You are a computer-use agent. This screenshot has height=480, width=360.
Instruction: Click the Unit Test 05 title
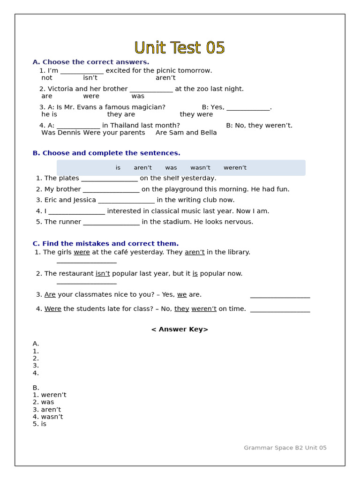click(180, 48)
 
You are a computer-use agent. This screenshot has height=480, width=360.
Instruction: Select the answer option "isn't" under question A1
click(90, 78)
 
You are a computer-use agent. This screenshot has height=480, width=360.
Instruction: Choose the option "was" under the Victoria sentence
click(138, 96)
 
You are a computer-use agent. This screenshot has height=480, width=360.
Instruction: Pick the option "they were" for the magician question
click(196, 114)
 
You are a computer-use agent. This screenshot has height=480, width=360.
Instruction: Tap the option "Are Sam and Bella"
click(186, 133)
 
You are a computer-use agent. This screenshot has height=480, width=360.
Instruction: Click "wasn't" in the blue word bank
click(200, 168)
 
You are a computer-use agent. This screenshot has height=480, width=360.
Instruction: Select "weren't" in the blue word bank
click(235, 168)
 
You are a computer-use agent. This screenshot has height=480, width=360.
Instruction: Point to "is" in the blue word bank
click(118, 168)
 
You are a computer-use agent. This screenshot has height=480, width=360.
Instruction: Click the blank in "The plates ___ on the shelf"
click(109, 179)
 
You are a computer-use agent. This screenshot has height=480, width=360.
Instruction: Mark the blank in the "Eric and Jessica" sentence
click(126, 201)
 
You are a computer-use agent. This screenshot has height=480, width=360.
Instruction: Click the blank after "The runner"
click(111, 223)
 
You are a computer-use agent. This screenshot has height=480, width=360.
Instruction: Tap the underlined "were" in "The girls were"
click(82, 252)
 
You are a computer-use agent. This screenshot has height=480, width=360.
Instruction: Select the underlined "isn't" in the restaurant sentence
click(103, 274)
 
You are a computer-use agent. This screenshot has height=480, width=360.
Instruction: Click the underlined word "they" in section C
click(182, 309)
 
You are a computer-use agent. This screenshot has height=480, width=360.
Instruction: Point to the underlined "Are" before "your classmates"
click(50, 295)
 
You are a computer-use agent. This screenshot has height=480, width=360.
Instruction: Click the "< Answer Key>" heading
click(180, 330)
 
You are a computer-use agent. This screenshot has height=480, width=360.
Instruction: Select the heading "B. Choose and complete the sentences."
click(106, 153)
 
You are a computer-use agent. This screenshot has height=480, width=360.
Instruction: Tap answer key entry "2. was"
click(43, 402)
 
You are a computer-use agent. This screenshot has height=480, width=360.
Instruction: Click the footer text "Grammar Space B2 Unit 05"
click(285, 448)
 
